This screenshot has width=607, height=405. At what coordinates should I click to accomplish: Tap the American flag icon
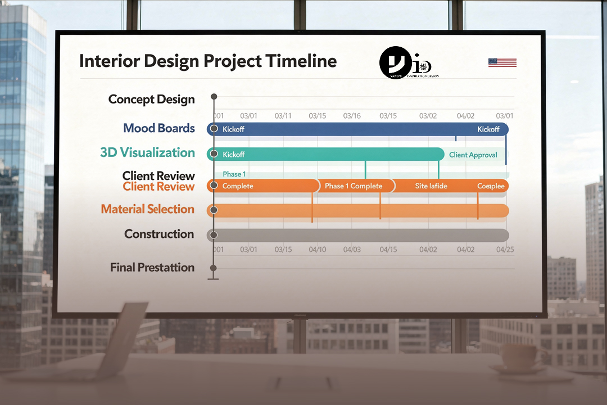point(502,62)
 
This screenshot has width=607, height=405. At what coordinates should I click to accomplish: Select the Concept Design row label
point(151,100)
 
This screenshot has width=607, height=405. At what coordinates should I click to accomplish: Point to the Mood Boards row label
point(159,128)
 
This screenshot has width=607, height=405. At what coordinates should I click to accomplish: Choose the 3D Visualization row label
point(147,152)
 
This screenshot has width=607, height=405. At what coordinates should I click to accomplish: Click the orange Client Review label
point(158,187)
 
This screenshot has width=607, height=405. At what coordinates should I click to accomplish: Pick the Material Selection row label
point(147,209)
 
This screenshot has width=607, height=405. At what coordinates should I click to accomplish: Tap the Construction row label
point(159,234)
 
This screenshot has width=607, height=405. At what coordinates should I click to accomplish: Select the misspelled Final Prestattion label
point(152,268)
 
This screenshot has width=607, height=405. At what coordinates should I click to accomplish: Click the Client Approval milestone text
point(473,155)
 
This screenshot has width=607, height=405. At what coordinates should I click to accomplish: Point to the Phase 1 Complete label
point(353,186)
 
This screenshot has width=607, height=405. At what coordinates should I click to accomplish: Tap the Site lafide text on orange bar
point(431,186)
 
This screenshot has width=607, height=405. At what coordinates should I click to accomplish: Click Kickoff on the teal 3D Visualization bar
point(233,155)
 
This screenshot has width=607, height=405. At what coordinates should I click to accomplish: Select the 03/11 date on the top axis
point(283,116)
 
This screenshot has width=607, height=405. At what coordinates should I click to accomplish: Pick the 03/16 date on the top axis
point(352,116)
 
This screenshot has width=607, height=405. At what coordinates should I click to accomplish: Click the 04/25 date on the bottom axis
point(505,249)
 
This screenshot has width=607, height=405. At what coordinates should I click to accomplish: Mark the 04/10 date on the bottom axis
point(317,249)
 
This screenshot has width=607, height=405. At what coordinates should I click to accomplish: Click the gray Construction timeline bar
point(360,235)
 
